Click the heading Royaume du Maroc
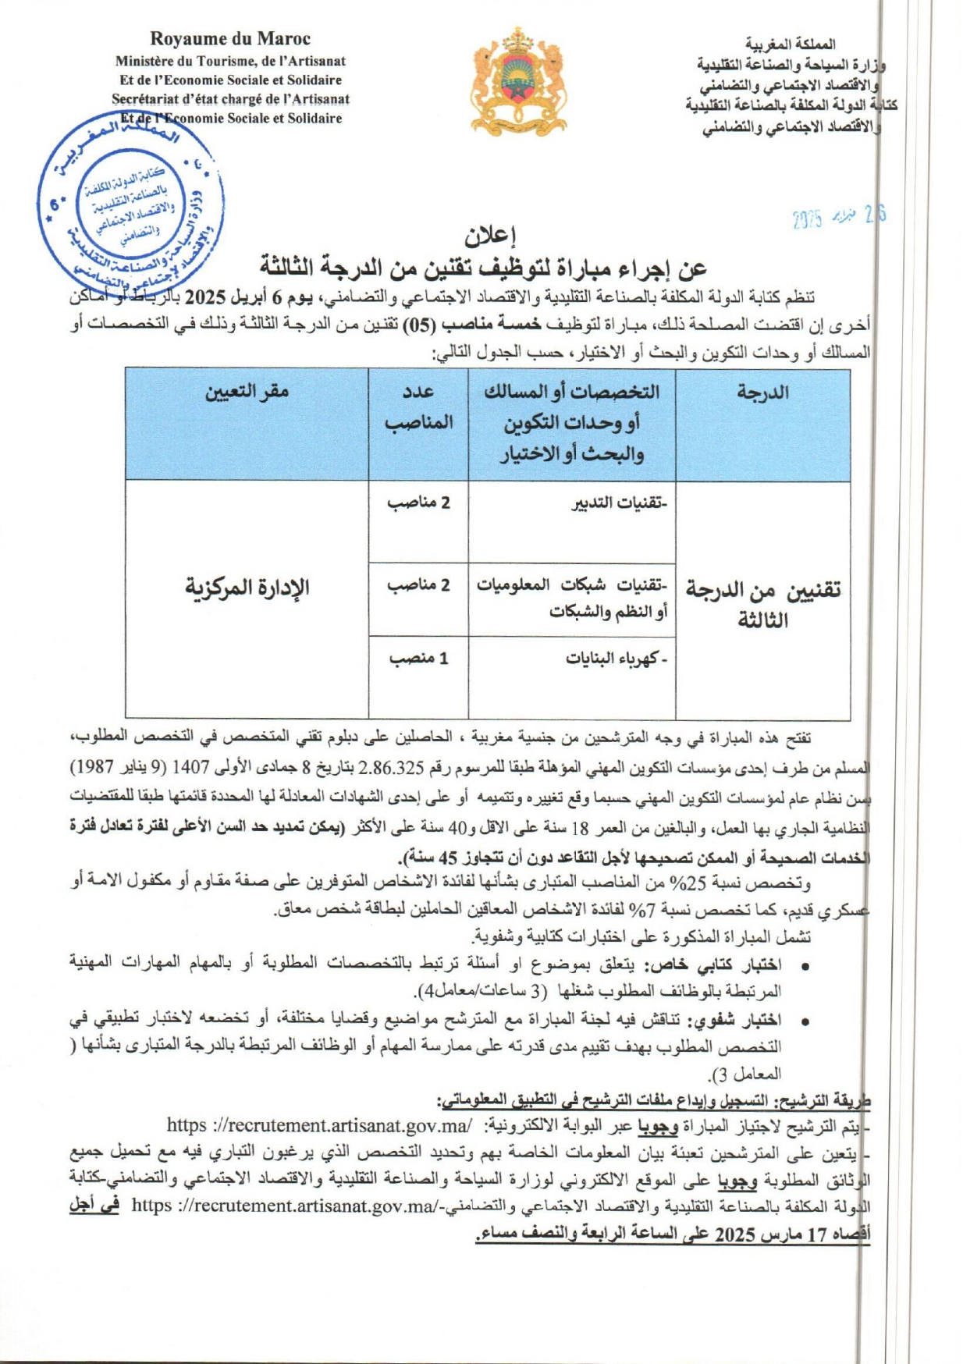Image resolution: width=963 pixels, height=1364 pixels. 230,39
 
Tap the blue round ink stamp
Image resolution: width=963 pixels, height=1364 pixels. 130,206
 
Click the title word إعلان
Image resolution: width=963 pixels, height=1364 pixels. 491,235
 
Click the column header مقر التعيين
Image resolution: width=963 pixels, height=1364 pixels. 247,392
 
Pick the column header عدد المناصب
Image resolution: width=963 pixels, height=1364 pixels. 418,407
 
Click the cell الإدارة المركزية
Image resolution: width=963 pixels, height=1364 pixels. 247,587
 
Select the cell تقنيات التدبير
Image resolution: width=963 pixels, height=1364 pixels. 619,503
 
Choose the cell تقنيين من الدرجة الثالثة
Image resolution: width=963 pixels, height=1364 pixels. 762,605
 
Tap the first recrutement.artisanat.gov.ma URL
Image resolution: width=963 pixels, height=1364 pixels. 320,1126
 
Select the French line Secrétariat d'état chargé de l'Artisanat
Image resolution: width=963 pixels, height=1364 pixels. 230,99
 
